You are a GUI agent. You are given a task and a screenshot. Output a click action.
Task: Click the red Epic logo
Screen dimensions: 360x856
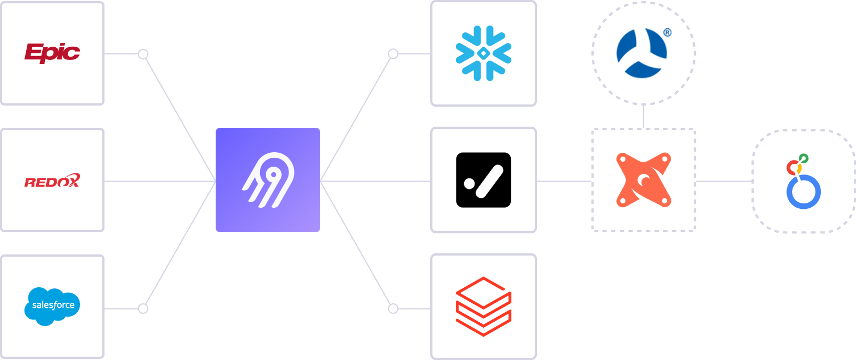point(52,53)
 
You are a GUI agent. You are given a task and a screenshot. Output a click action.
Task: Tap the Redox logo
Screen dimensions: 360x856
point(52,181)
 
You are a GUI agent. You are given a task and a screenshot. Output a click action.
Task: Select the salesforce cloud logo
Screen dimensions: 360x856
point(52,306)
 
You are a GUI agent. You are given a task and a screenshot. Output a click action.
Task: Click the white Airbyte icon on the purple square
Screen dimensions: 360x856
point(267,180)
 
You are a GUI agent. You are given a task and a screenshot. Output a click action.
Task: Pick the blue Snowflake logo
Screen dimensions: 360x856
point(483,53)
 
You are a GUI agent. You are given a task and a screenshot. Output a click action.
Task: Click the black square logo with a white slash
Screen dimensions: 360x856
point(483,180)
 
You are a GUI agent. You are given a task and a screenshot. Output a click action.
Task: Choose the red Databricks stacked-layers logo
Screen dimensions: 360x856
point(483,306)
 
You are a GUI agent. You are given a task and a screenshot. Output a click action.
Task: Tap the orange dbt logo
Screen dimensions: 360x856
point(644,180)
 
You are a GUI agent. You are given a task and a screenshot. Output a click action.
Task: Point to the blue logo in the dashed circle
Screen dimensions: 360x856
point(643,53)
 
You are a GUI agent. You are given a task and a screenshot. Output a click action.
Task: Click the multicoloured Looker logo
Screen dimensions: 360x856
point(803,181)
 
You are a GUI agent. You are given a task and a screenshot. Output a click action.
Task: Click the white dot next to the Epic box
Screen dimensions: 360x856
point(143,54)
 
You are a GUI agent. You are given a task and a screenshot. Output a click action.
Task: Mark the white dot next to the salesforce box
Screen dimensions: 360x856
point(143,308)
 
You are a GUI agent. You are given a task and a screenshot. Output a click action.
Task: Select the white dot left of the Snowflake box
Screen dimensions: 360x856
point(393,54)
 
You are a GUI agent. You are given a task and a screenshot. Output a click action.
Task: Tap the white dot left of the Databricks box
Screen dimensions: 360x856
point(393,308)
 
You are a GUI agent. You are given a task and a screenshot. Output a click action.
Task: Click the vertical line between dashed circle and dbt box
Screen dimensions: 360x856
point(644,117)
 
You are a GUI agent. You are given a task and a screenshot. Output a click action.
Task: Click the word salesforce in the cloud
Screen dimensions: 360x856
point(53,304)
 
